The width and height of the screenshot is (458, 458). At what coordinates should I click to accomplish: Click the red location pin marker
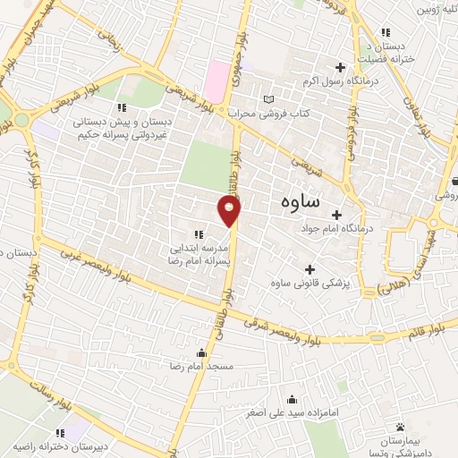pos(231,211)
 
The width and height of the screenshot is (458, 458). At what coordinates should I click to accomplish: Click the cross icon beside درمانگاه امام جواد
pos(336,215)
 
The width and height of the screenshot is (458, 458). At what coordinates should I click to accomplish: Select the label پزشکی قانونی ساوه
pos(310,284)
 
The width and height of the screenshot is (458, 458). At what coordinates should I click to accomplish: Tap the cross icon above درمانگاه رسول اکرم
pos(340,67)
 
